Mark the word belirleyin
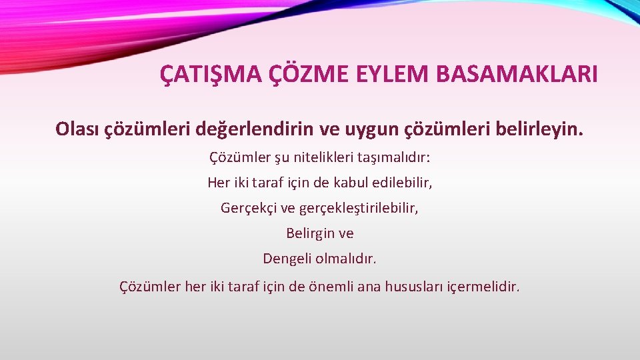pyautogui.click(x=541, y=129)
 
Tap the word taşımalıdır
pyautogui.click(x=398, y=158)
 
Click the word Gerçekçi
pyautogui.click(x=249, y=208)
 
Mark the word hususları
pyautogui.click(x=417, y=287)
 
